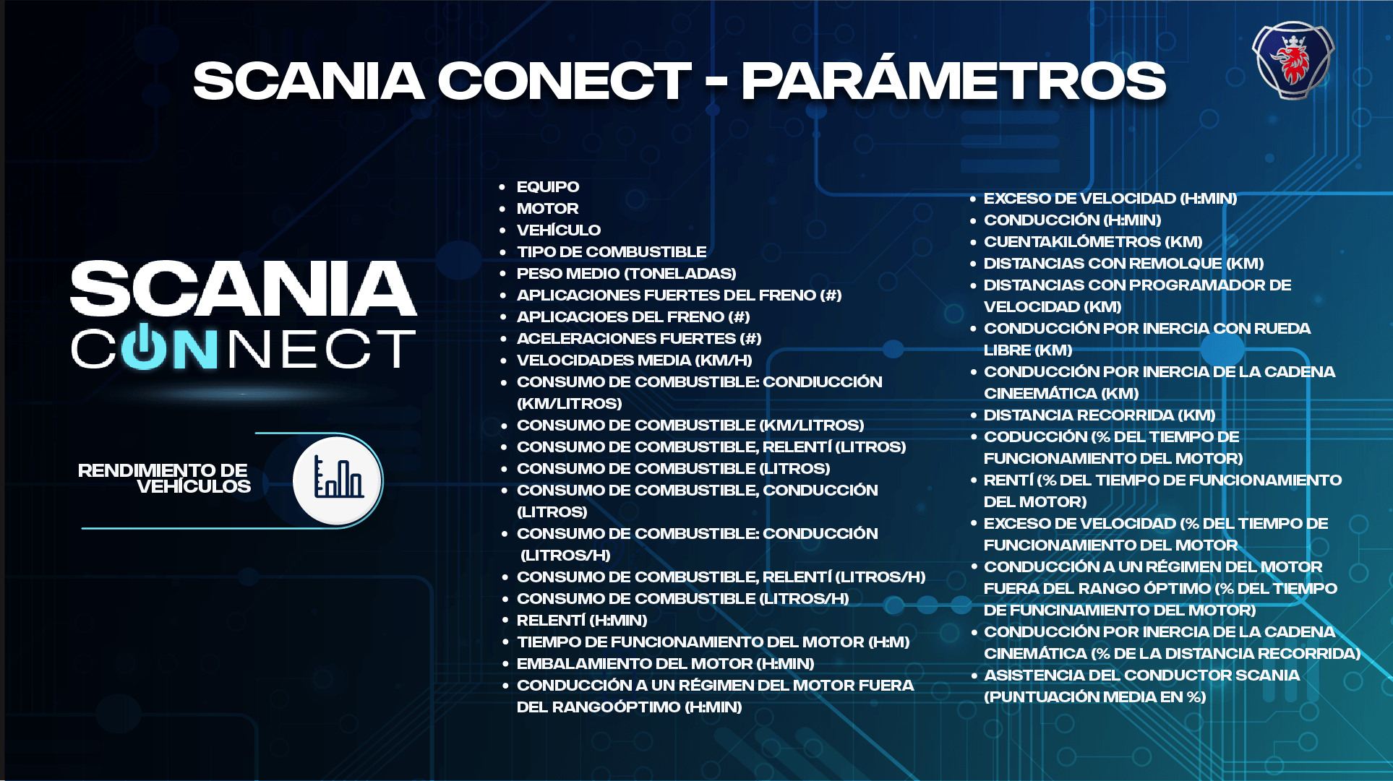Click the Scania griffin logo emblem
pyautogui.click(x=1293, y=60)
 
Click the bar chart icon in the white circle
pyautogui.click(x=338, y=480)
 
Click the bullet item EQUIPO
pyautogui.click(x=547, y=187)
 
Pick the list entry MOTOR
pyautogui.click(x=547, y=209)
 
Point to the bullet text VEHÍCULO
pyautogui.click(x=558, y=230)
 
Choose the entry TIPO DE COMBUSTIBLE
pyautogui.click(x=611, y=252)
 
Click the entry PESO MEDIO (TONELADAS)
pyautogui.click(x=626, y=274)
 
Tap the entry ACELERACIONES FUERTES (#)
pyautogui.click(x=638, y=339)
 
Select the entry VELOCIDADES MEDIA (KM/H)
pyautogui.click(x=634, y=361)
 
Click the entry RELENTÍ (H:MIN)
pyautogui.click(x=581, y=621)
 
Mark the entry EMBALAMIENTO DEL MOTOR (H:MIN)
pyautogui.click(x=665, y=664)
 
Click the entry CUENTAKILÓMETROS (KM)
pyautogui.click(x=1092, y=242)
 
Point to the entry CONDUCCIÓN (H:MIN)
pyautogui.click(x=1072, y=220)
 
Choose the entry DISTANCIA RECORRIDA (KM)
pyautogui.click(x=1099, y=415)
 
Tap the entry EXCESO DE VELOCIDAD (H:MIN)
pyautogui.click(x=1110, y=199)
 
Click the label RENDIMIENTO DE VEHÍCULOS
pyautogui.click(x=163, y=478)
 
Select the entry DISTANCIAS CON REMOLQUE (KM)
pyautogui.click(x=1123, y=264)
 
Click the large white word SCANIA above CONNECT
pyautogui.click(x=244, y=289)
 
